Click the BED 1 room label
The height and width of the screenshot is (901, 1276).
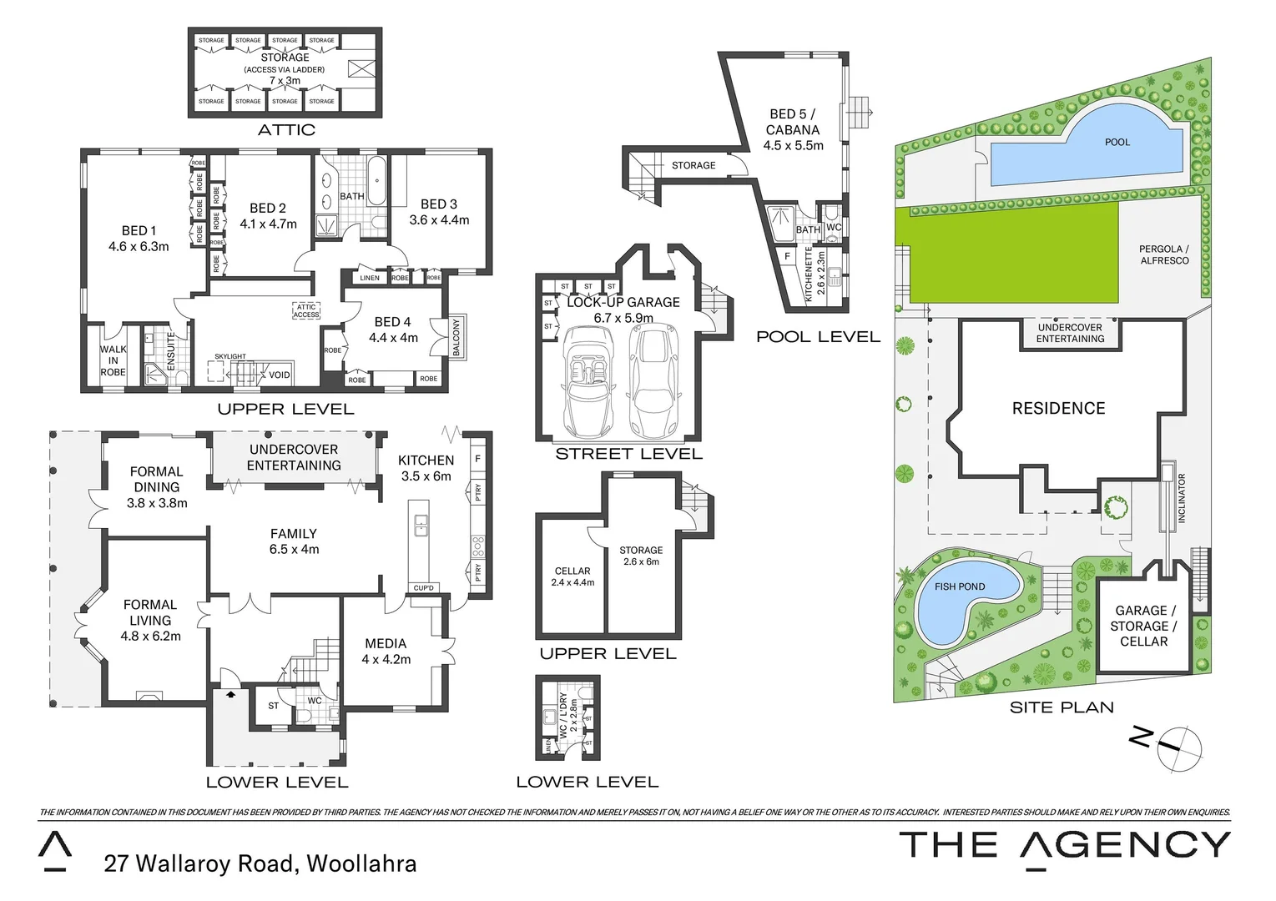pyautogui.click(x=139, y=239)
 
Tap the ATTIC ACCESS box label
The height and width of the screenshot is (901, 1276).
pyautogui.click(x=306, y=310)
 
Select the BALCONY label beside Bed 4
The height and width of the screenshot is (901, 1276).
pyautogui.click(x=456, y=337)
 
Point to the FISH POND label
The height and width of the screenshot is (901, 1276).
pyautogui.click(x=959, y=586)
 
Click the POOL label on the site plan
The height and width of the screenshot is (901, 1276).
pyautogui.click(x=1117, y=142)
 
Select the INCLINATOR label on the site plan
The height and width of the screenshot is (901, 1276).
pyautogui.click(x=1181, y=498)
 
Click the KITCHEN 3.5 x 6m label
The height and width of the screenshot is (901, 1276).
pyautogui.click(x=426, y=468)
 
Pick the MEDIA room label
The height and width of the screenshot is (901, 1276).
pyautogui.click(x=386, y=652)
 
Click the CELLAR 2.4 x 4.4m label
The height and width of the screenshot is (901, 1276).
pyautogui.click(x=572, y=576)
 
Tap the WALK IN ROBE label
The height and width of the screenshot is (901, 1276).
pyautogui.click(x=113, y=361)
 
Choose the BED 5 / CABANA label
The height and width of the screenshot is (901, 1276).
pyautogui.click(x=793, y=129)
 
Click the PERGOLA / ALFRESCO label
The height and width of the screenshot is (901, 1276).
pyautogui.click(x=1164, y=254)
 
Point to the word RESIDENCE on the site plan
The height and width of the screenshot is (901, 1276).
pyautogui.click(x=1058, y=408)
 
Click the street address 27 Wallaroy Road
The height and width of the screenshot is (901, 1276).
pyautogui.click(x=260, y=863)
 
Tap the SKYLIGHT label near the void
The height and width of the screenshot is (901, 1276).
pyautogui.click(x=230, y=356)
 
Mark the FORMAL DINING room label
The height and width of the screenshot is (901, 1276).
pyautogui.click(x=157, y=487)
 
